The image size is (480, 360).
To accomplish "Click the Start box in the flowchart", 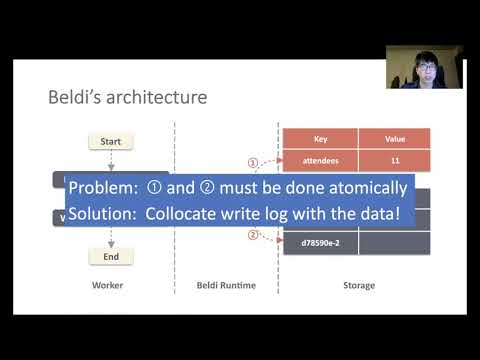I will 111,142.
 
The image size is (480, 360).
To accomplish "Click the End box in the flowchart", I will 111,257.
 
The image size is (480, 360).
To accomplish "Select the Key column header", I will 320,139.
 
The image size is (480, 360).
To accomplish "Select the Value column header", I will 394,139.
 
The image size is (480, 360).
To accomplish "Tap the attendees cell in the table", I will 320,160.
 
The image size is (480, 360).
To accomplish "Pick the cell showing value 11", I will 394,160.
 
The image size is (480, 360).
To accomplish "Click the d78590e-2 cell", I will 320,241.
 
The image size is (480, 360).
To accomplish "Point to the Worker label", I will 111,286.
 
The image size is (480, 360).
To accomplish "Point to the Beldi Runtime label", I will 227,286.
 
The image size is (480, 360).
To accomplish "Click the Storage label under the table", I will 357,286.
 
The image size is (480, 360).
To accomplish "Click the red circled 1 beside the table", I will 253,161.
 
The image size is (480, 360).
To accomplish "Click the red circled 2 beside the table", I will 253,236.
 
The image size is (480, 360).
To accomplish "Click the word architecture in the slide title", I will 156,98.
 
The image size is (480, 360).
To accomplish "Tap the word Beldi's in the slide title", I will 75,98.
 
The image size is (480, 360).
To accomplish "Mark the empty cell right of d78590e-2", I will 394,241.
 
